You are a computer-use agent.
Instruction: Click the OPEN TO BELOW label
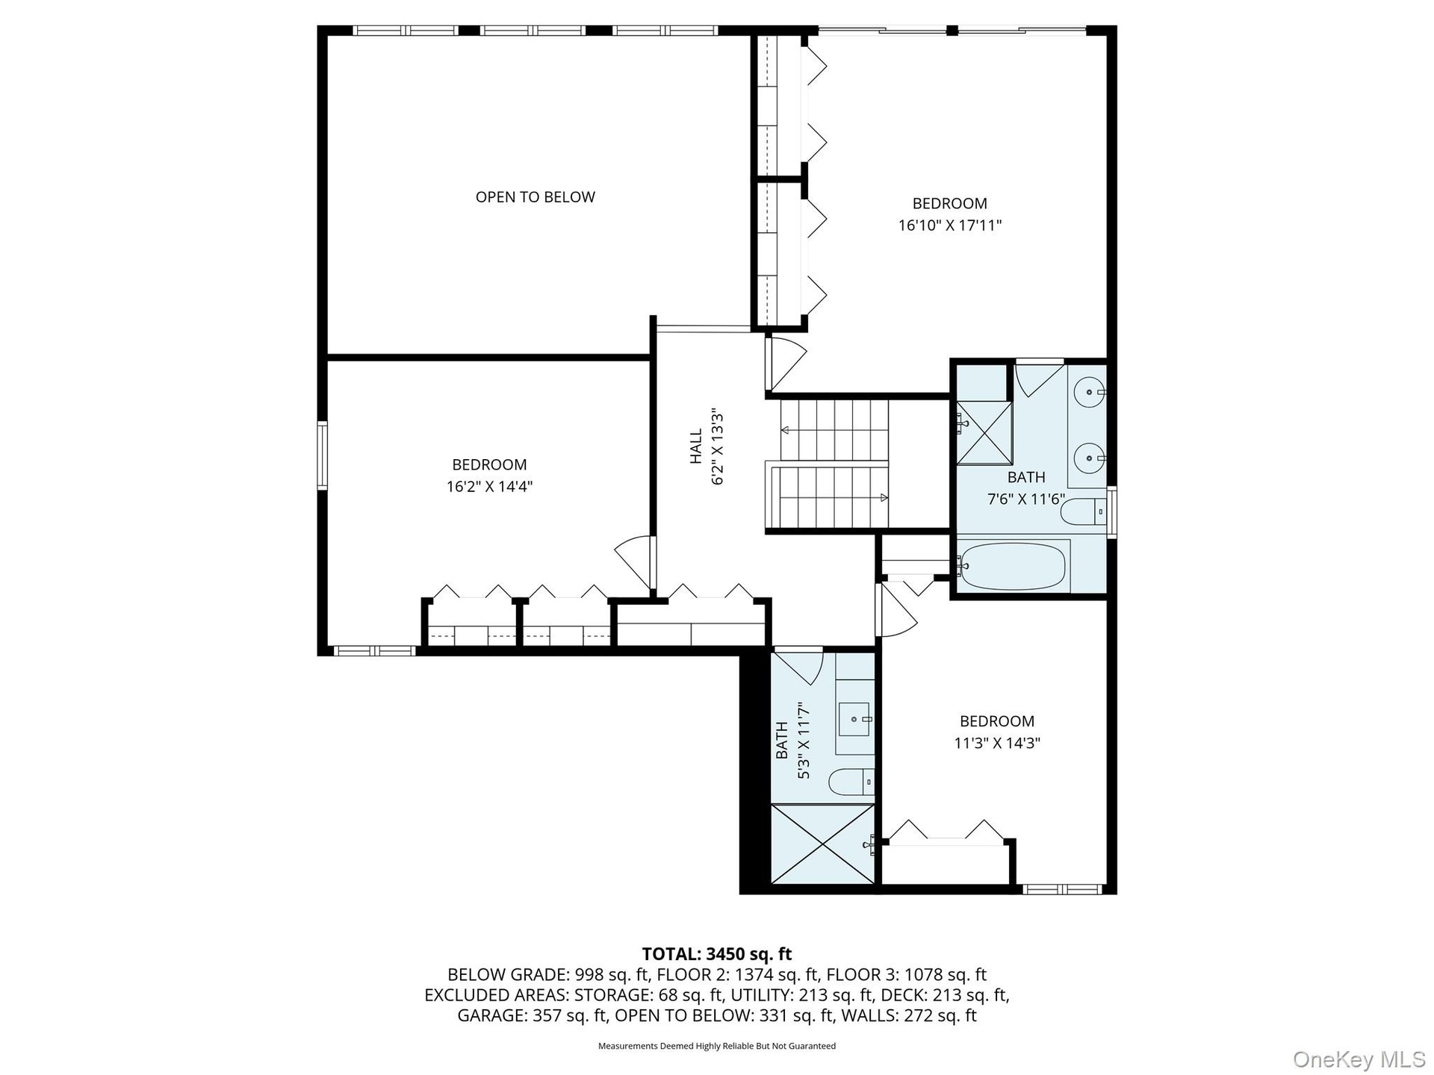click(x=536, y=197)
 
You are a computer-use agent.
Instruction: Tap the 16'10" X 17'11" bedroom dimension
click(x=949, y=225)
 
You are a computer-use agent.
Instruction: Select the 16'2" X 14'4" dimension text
click(x=489, y=487)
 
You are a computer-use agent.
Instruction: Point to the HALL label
click(x=696, y=446)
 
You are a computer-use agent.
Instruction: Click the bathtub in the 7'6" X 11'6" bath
click(x=1013, y=566)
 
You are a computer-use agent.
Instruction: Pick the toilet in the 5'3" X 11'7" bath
click(x=851, y=782)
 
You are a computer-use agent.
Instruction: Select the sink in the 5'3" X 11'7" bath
click(x=855, y=719)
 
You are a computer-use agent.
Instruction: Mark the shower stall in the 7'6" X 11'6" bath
click(x=985, y=433)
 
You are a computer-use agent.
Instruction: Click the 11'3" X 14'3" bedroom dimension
click(x=997, y=744)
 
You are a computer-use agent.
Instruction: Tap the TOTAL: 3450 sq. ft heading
click(x=717, y=954)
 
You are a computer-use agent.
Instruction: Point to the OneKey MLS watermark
click(x=1359, y=1059)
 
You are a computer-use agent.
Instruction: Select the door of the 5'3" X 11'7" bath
click(x=799, y=667)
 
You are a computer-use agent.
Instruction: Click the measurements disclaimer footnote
click(x=717, y=1046)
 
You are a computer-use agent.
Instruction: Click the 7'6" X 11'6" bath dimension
click(x=1026, y=499)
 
